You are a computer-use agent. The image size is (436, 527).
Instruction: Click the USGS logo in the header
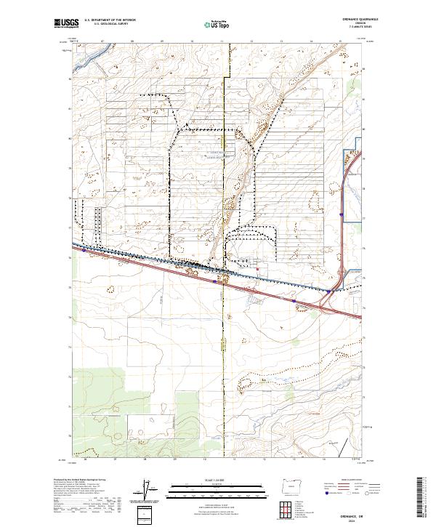pyautogui.click(x=65, y=24)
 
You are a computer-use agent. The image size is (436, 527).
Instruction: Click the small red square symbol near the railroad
pyautogui.click(x=257, y=269)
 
